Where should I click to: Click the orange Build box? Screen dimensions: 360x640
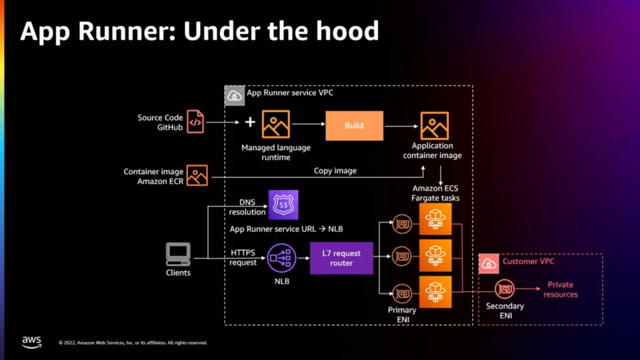[354, 125]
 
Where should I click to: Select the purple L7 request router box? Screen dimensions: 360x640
[341, 258]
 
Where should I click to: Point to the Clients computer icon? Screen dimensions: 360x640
[178, 254]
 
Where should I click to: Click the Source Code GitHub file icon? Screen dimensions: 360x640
[195, 122]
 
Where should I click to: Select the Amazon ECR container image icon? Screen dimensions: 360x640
[197, 175]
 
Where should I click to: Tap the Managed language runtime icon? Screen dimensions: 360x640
[275, 125]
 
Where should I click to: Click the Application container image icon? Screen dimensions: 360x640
[435, 125]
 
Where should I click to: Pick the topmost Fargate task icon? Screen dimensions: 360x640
[435, 219]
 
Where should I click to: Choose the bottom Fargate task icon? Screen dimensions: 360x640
[435, 292]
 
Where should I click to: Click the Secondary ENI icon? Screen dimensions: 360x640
[505, 289]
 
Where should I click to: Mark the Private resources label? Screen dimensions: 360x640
[560, 289]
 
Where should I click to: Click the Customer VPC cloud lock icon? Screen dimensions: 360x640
[489, 263]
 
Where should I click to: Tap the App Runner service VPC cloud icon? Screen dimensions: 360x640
[234, 95]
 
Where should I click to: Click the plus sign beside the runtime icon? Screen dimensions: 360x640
[250, 123]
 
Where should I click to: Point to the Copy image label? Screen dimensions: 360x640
[335, 171]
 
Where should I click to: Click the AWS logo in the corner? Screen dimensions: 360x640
[31, 341]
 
